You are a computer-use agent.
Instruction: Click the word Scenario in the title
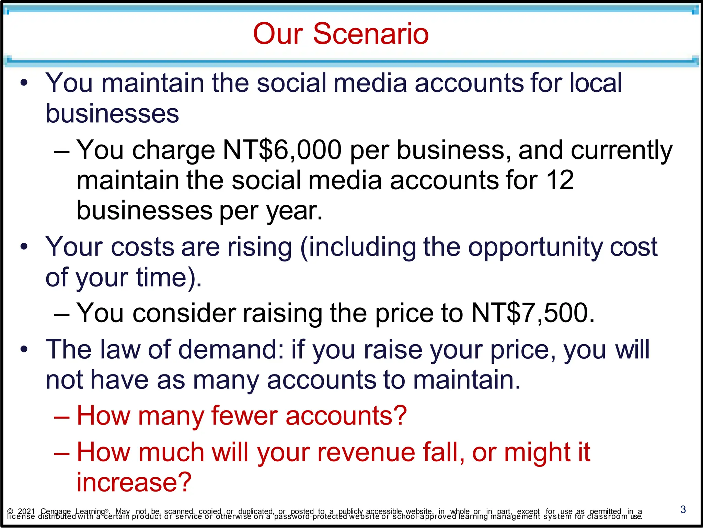pos(371,34)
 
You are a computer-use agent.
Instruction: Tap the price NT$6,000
pos(282,150)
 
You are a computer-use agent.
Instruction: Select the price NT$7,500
pos(533,313)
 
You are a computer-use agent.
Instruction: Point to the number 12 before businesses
pos(560,180)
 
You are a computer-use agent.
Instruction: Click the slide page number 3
pos(683,509)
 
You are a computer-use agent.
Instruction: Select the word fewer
pos(244,416)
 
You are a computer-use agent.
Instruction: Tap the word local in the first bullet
pos(596,83)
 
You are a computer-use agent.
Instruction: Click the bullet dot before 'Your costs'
pos(24,247)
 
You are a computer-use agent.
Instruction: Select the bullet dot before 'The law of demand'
pos(24,349)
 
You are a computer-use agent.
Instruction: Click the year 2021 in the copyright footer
pos(26,511)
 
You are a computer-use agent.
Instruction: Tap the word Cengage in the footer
pos(56,511)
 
